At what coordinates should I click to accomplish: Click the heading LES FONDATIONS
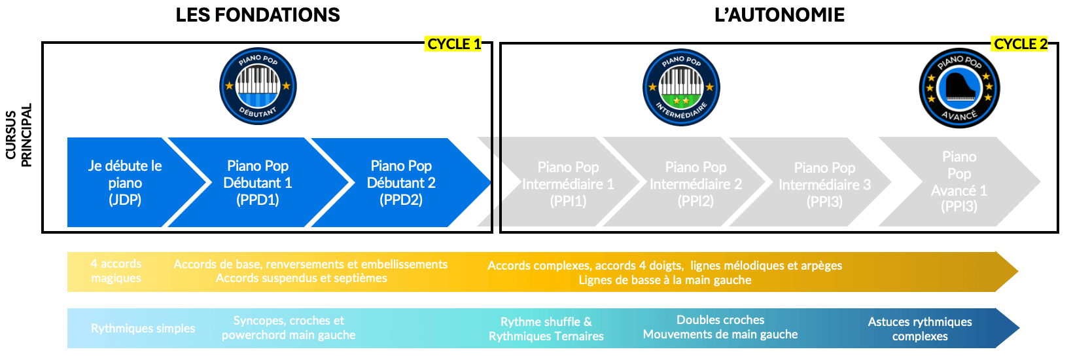coord(258,15)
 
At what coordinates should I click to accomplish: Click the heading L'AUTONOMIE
coord(779,15)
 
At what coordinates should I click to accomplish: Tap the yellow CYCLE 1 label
coord(453,44)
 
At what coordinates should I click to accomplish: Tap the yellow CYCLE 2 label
coord(1020,44)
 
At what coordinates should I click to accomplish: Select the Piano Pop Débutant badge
coord(258,86)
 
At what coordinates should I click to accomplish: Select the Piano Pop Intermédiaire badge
coord(681,87)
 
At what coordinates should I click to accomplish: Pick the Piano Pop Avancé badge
coord(959,88)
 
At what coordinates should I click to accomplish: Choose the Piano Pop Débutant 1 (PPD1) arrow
coord(258,183)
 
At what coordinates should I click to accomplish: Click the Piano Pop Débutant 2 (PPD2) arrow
coord(401,183)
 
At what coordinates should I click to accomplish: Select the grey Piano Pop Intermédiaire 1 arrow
coord(568,184)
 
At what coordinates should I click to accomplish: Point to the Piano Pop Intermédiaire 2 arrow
coord(695,184)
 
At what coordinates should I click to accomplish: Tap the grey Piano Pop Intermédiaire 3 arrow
coord(824,185)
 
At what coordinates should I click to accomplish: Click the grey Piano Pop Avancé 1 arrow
coord(959,181)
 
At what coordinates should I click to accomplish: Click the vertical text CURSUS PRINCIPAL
coord(18,135)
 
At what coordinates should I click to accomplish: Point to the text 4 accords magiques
coord(116,271)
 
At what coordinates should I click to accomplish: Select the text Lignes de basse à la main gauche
coord(665,280)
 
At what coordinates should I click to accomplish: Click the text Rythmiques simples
coord(143,329)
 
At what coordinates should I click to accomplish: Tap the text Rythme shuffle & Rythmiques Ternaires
coord(546,329)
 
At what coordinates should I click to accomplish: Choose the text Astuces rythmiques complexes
coord(920,329)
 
